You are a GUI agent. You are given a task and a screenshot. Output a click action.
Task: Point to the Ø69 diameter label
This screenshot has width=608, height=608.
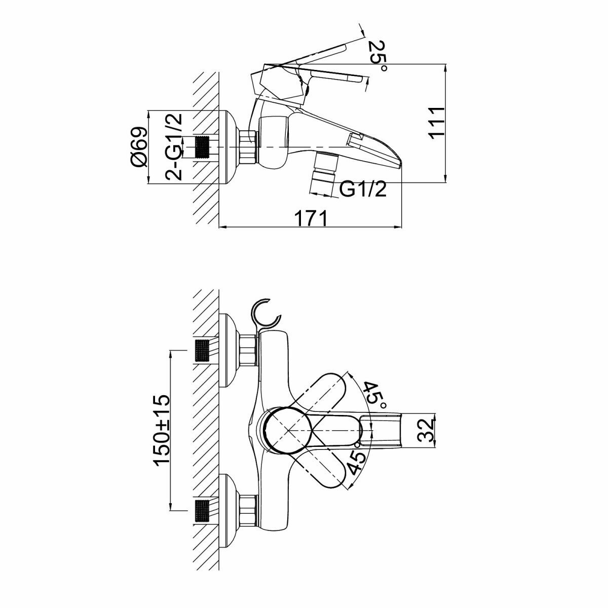point(138,146)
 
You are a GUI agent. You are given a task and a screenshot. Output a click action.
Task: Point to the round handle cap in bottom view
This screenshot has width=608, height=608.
point(287,430)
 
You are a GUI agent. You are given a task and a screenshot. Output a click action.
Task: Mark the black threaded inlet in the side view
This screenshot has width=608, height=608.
point(203,147)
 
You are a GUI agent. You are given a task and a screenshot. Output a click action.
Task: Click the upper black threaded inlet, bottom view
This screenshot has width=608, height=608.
point(202,350)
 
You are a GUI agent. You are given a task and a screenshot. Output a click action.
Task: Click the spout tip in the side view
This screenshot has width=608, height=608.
point(398,162)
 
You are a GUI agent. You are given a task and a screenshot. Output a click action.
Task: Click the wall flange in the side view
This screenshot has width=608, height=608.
point(229,147)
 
